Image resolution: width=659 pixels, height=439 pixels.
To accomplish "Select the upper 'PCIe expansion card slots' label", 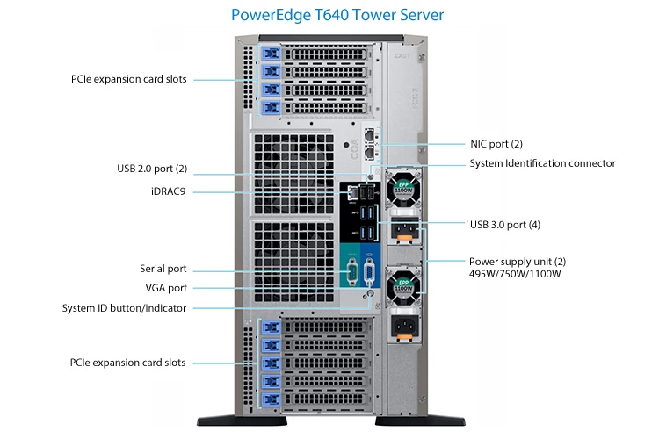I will pos(128,79).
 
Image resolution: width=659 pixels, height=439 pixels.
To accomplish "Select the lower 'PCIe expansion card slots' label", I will pos(128,363).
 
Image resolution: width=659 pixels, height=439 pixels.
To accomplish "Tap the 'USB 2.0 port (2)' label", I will pos(152,169).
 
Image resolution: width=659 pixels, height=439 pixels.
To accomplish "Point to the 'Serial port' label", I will pos(163,269).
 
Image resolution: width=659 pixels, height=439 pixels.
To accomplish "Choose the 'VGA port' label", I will pos(166,288).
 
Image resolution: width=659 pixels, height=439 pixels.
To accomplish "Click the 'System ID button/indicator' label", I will pos(124,308).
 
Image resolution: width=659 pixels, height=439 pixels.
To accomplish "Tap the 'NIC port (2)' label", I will pos(496,143).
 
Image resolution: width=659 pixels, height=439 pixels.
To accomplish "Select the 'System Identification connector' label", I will pos(542,163).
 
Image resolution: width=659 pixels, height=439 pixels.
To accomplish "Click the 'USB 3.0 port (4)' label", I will pos(504,225).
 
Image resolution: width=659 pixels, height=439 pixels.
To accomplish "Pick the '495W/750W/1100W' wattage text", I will pos(515,274).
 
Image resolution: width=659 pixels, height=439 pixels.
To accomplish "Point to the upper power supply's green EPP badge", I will pos(403,185).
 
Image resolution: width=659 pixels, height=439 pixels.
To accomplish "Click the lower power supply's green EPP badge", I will pos(404,284).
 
